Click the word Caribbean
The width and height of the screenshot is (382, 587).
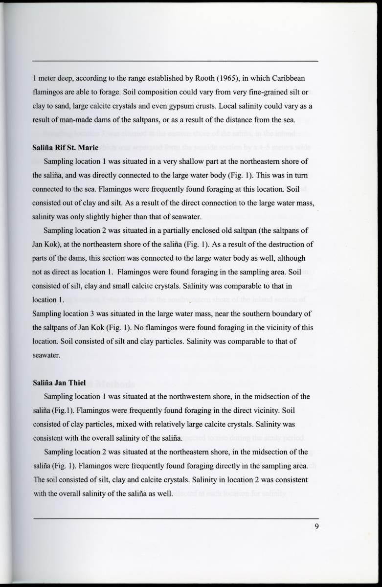tap(289, 78)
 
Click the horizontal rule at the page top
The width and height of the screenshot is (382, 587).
tap(175, 61)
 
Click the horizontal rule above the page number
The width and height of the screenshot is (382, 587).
tap(175, 518)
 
